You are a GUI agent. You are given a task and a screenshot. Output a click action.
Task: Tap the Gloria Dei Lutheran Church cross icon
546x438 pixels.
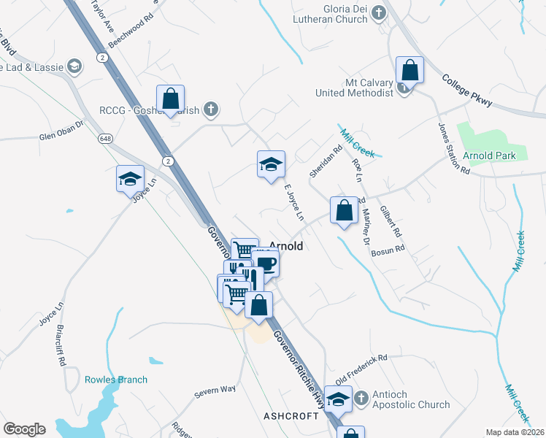(x=378, y=12)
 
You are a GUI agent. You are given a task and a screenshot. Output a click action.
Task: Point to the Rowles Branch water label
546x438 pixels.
(x=115, y=380)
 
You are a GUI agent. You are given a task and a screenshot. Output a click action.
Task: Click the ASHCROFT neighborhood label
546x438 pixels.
(x=291, y=415)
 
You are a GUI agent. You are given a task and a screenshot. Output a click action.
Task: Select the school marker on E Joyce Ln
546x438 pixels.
(x=271, y=165)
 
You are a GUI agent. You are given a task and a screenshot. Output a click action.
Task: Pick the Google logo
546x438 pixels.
(x=24, y=429)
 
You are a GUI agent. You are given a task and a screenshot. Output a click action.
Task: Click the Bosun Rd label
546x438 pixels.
(x=388, y=251)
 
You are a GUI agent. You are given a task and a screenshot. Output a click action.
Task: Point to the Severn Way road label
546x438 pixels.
(x=215, y=392)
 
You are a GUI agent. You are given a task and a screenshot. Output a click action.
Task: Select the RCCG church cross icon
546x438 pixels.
(x=211, y=110)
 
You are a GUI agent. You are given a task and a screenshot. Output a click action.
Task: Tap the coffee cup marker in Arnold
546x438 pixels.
(x=266, y=264)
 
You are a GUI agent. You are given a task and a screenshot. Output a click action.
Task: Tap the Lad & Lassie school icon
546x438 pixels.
(x=74, y=66)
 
